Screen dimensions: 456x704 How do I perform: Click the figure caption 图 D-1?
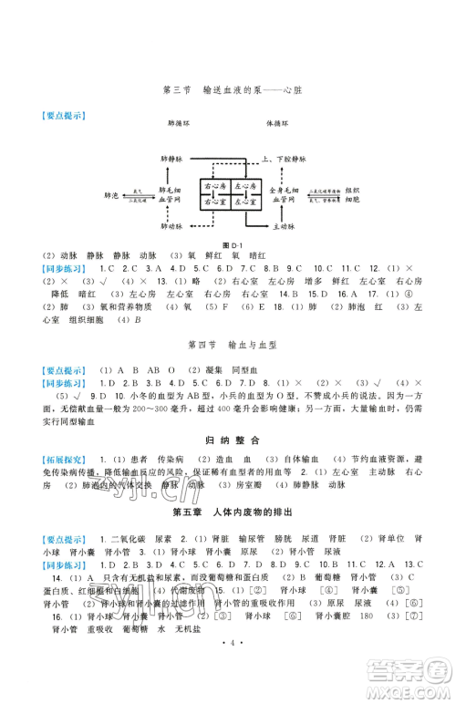point(229,244)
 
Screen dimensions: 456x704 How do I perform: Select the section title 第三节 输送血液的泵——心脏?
point(228,88)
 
